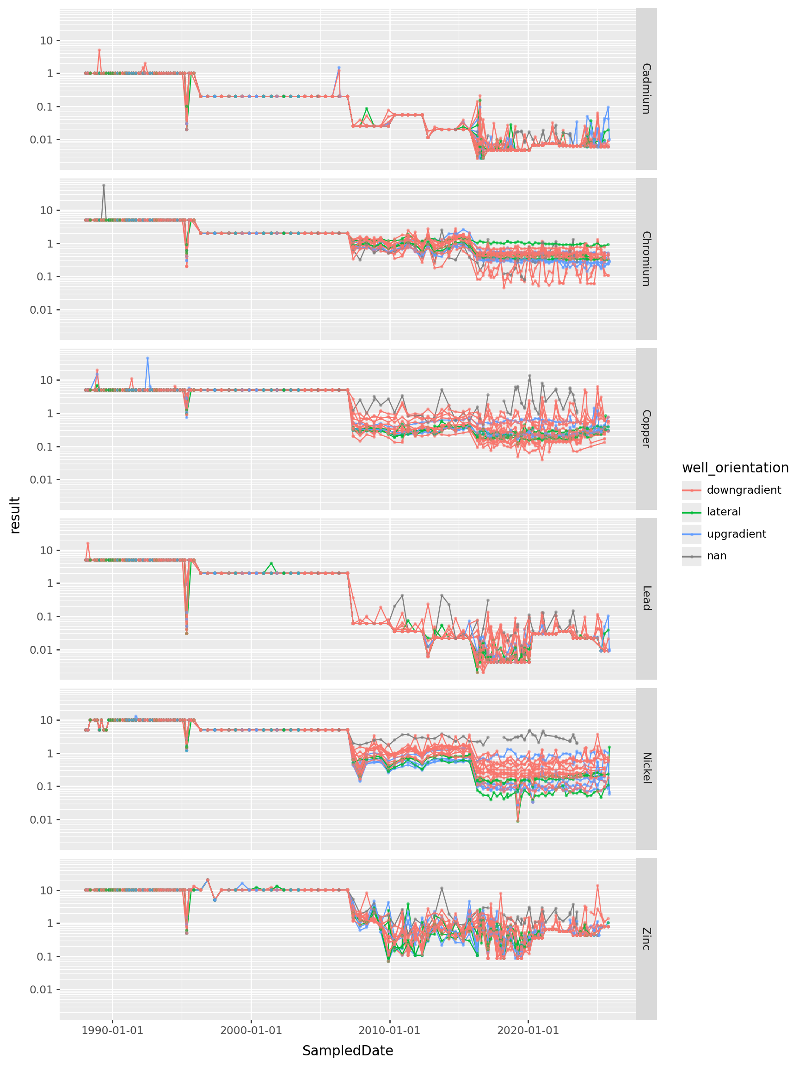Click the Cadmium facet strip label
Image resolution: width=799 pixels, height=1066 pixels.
pyautogui.click(x=646, y=89)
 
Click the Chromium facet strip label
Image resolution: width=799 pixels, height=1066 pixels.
pyautogui.click(x=646, y=259)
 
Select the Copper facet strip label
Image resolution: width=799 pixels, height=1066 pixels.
pyautogui.click(x=646, y=429)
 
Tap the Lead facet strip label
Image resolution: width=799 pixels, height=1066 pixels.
pyautogui.click(x=646, y=598)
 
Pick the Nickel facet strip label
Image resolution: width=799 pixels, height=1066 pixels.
pyautogui.click(x=646, y=768)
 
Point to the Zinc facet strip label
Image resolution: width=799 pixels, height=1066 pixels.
pyautogui.click(x=646, y=938)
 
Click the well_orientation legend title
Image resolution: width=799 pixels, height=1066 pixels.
pyautogui.click(x=735, y=468)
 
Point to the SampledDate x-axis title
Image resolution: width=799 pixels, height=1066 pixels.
pyautogui.click(x=347, y=1051)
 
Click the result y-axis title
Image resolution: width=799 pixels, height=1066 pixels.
pyautogui.click(x=15, y=515)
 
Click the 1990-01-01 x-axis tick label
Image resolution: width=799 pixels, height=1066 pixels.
pyautogui.click(x=112, y=1030)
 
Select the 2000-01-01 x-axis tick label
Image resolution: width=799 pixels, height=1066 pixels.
pyautogui.click(x=251, y=1030)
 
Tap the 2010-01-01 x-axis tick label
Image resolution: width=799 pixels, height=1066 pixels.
pyautogui.click(x=389, y=1030)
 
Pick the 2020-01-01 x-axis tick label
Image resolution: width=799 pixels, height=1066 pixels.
pyautogui.click(x=528, y=1030)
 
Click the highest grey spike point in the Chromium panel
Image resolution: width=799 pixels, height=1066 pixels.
pyautogui.click(x=104, y=185)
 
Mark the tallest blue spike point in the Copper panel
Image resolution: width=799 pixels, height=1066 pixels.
pyautogui.click(x=148, y=358)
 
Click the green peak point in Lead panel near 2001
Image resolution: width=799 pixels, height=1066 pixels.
pyautogui.click(x=271, y=563)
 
